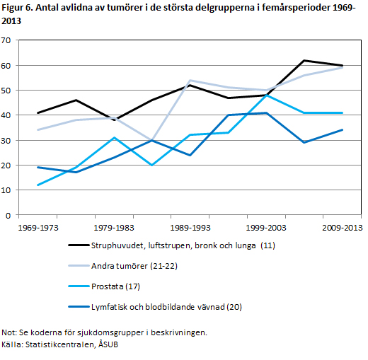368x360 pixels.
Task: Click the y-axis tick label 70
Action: [6, 40]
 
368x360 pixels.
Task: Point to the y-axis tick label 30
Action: [6, 141]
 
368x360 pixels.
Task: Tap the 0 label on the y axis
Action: [8, 216]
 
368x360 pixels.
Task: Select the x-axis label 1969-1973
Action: [38, 228]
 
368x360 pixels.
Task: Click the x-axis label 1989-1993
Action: [190, 228]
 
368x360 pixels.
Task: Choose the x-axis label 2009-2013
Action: [343, 228]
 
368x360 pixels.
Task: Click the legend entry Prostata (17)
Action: [115, 286]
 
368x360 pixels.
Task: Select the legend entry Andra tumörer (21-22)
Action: [134, 266]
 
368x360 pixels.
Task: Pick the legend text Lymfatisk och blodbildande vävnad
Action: [158, 307]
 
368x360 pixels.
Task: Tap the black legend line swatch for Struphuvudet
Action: [79, 245]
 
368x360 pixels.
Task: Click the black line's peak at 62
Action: [304, 61]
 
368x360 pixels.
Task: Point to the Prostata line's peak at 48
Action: [266, 95]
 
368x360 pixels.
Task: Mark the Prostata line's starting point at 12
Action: [38, 185]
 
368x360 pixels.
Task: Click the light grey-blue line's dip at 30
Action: [152, 141]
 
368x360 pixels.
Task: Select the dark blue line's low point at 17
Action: [76, 173]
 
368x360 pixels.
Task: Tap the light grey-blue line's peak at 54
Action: [190, 81]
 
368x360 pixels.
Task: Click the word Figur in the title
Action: [11, 8]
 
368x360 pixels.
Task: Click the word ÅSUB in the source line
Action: [108, 344]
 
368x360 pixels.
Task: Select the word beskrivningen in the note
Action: [179, 332]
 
